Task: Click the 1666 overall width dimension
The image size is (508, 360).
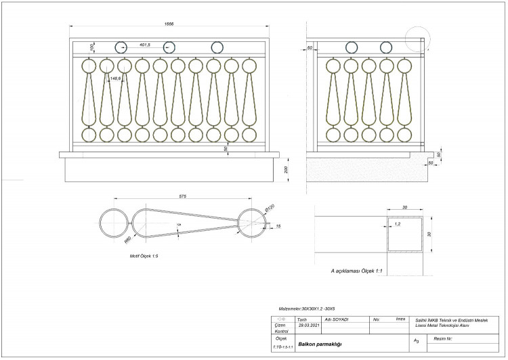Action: (x=169, y=24)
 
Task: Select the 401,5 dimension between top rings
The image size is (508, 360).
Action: (x=144, y=45)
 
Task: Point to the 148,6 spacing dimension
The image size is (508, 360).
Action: (x=115, y=78)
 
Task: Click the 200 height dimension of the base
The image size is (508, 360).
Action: (x=287, y=169)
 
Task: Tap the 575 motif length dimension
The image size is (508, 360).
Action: (x=183, y=196)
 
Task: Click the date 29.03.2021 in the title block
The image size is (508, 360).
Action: (x=299, y=325)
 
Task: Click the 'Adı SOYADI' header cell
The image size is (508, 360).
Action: (x=337, y=319)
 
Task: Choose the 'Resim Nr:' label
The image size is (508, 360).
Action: (x=443, y=337)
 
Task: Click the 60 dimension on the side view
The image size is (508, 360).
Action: (x=310, y=48)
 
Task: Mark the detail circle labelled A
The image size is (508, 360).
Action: (x=415, y=39)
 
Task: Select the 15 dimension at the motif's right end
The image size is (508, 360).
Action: (x=278, y=226)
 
